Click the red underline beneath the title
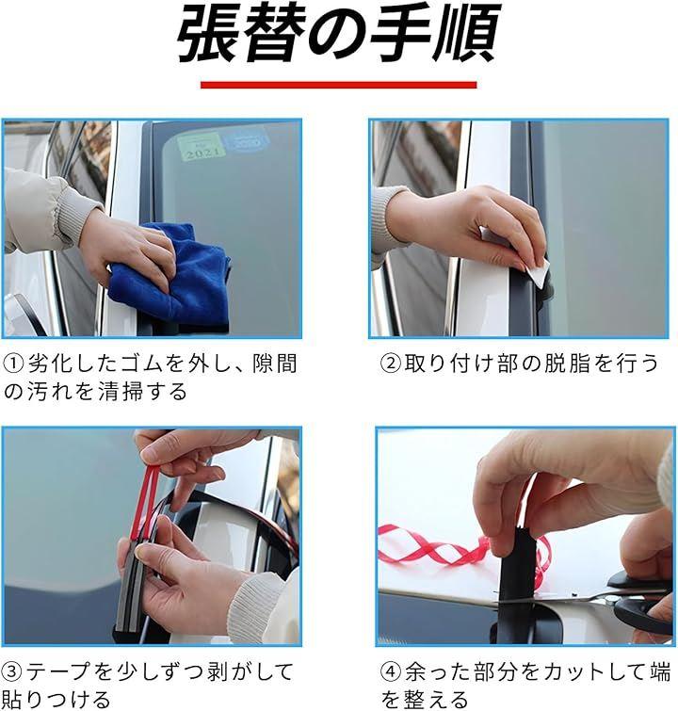click(338, 85)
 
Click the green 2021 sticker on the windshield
click(200, 148)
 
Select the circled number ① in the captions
click(13, 364)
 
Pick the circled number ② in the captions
click(391, 364)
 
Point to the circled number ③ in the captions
click(12, 672)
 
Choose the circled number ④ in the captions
click(391, 672)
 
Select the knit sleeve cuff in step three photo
click(263, 606)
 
